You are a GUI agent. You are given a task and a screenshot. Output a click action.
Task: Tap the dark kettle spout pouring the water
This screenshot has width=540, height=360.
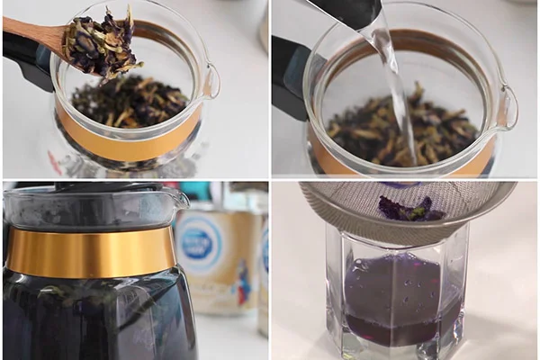point(355,11)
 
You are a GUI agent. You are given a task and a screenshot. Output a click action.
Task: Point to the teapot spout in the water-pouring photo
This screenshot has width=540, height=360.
point(508,106)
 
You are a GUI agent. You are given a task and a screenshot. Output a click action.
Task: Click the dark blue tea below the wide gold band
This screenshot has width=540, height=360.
point(90,315)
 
